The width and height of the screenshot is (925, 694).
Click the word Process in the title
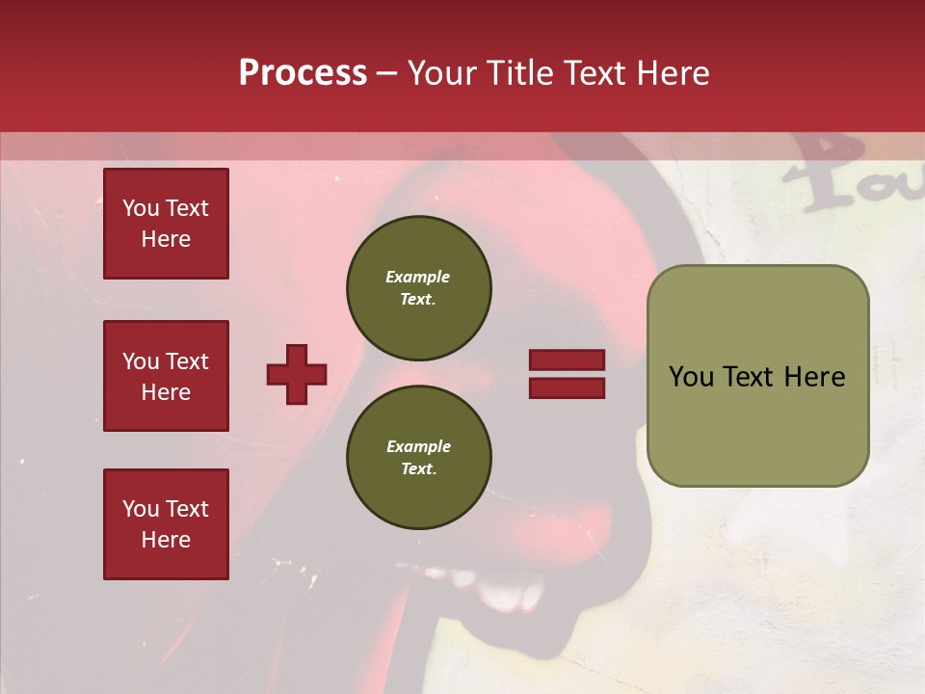(303, 73)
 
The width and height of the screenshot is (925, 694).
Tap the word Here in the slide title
(671, 73)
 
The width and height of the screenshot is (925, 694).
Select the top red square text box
(166, 224)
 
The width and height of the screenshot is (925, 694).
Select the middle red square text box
(166, 376)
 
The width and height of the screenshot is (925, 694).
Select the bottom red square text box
(166, 524)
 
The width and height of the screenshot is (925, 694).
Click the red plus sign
(297, 374)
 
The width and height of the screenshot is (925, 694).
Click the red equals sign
(567, 374)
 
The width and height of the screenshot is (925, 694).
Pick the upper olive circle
(418, 287)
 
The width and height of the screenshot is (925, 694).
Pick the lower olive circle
(418, 457)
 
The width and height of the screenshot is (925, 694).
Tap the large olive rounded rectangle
(757, 376)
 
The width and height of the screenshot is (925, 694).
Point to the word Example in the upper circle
(418, 277)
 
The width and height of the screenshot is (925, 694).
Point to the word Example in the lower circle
(418, 446)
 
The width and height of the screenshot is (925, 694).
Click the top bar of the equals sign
(567, 360)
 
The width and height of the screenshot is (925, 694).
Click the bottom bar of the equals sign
(567, 387)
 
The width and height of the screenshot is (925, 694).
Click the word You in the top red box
(141, 208)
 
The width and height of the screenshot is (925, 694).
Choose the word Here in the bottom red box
(166, 540)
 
